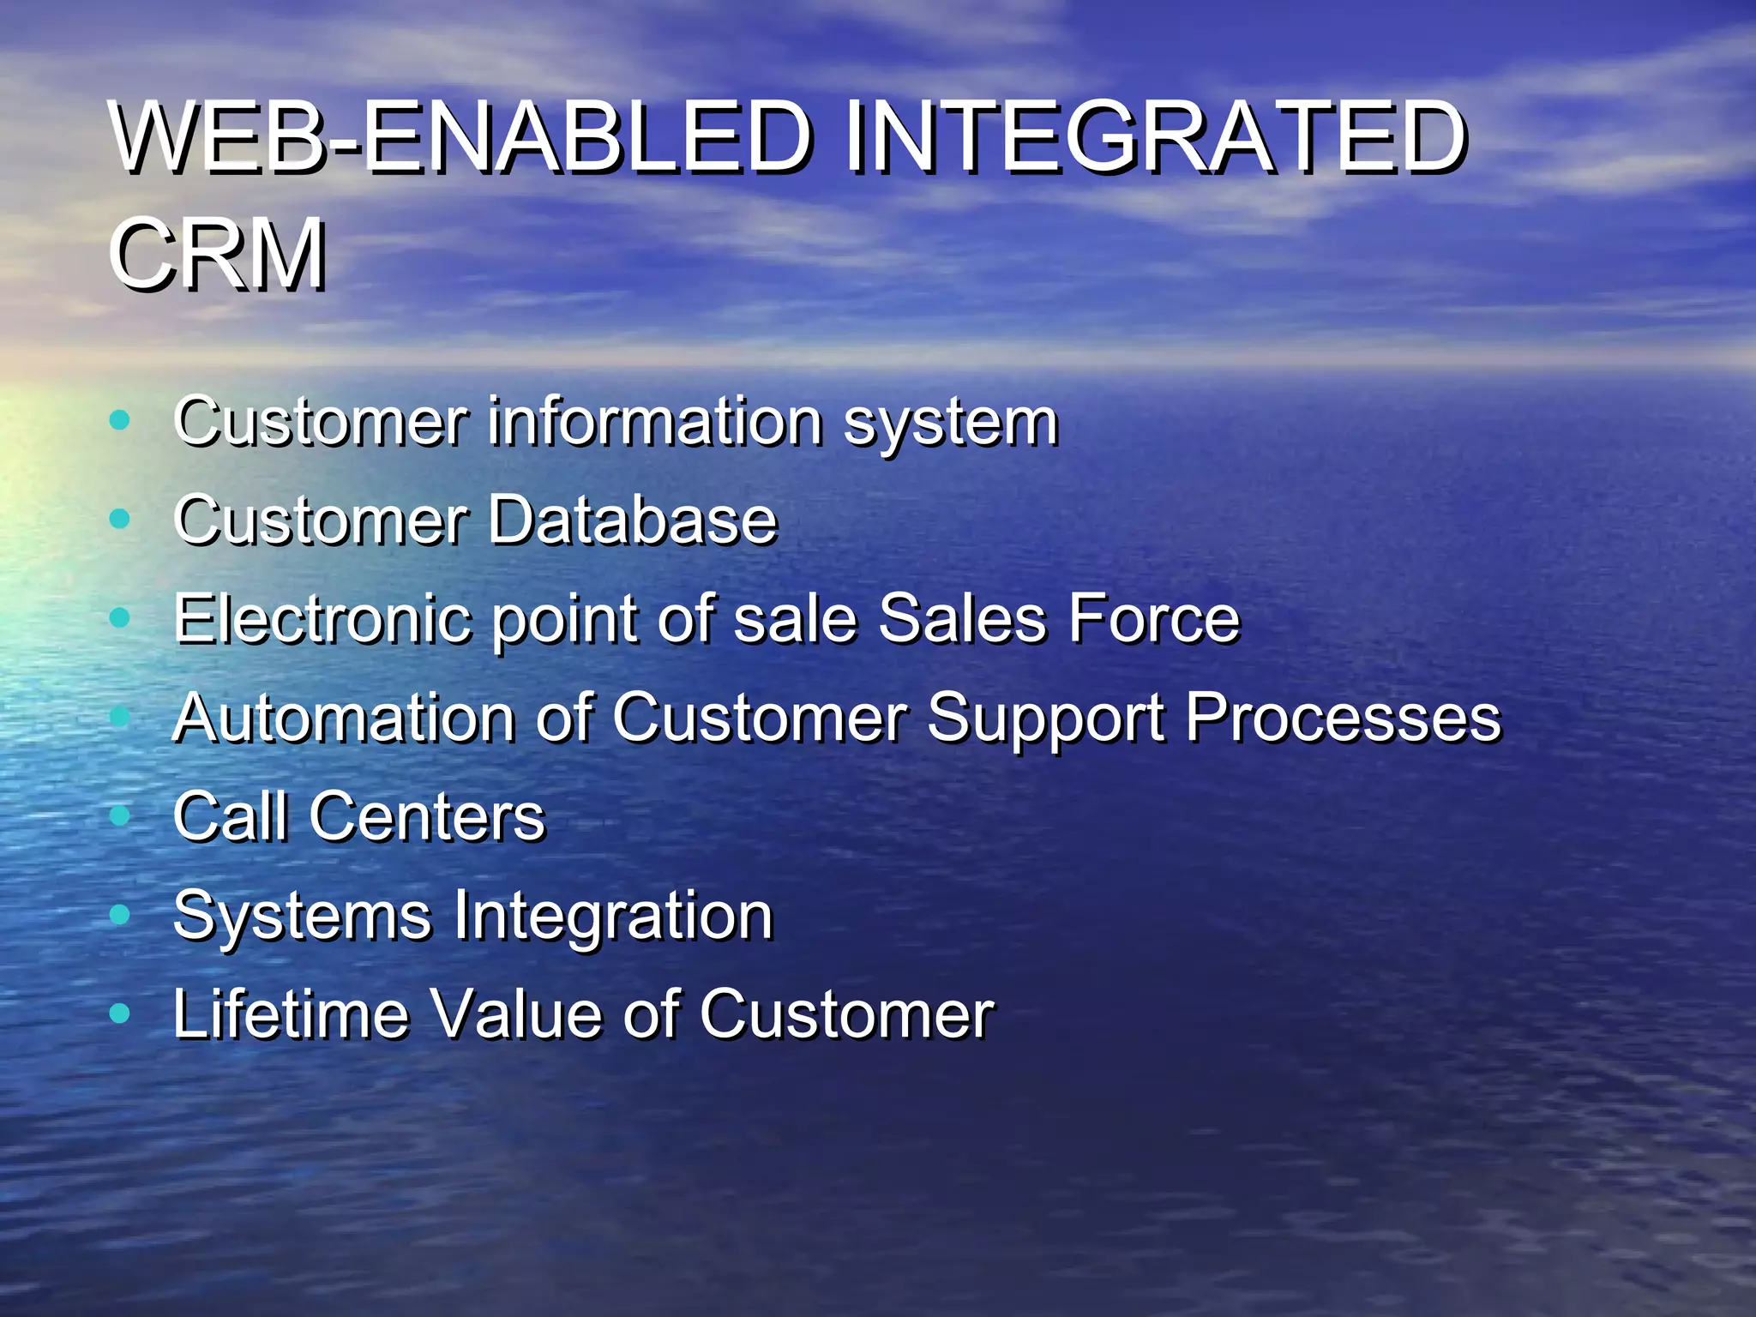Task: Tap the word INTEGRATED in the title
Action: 1155,137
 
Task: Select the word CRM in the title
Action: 218,255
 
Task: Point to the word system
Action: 951,423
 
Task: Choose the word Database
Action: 633,520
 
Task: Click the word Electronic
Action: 322,618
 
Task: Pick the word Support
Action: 1045,719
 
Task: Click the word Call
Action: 230,815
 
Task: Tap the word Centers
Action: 427,815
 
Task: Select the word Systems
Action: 302,916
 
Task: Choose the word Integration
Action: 613,916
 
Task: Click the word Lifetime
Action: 291,1013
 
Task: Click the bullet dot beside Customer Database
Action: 120,519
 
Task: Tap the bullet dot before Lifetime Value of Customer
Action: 120,1013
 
